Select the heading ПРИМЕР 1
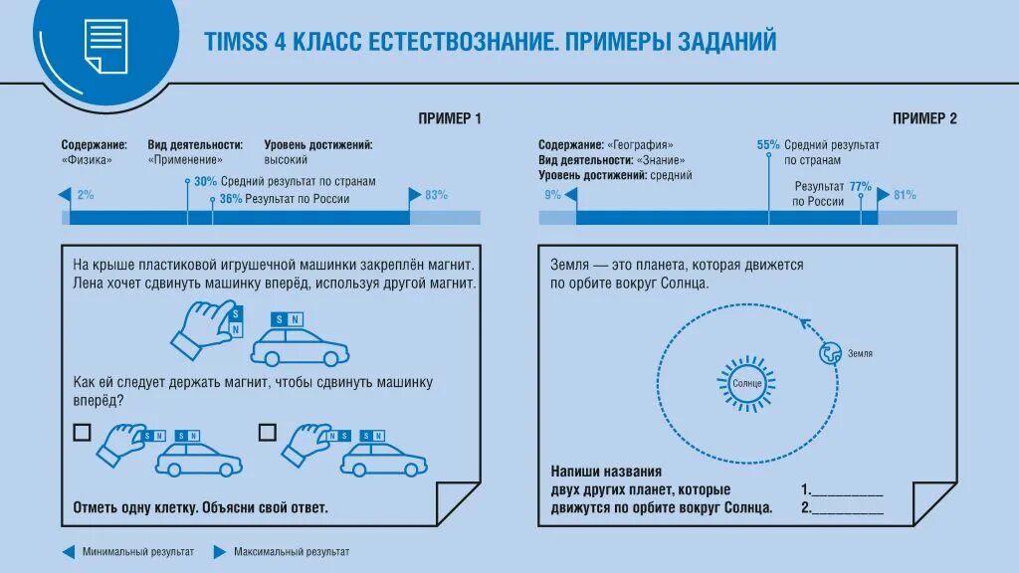pos(450,118)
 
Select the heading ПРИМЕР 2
pos(924,118)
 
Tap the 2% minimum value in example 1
pos(86,195)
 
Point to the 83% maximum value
pos(436,195)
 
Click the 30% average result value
pos(205,182)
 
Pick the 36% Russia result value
pos(231,199)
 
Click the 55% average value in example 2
pos(768,144)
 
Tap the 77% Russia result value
pos(861,186)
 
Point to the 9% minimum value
pos(553,195)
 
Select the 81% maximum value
pos(905,195)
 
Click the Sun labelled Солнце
pos(746,382)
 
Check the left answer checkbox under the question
pos(82,432)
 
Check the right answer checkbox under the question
pos(267,432)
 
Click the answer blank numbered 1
pos(847,490)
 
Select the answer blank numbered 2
pos(847,508)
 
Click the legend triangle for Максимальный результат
pos(219,551)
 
